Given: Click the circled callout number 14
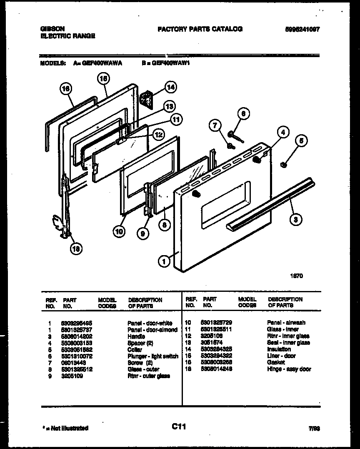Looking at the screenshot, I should [x=170, y=87].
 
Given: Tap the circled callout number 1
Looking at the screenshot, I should [x=164, y=261].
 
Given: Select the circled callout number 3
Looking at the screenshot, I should [x=295, y=220].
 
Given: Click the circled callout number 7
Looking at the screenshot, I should [x=215, y=125].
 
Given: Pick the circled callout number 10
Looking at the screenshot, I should [x=119, y=232].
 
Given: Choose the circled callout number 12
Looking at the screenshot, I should [x=158, y=134].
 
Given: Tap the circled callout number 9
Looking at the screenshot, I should [x=142, y=234].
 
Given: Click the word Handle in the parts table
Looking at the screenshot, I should [x=136, y=336].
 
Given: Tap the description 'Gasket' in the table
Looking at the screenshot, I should [x=276, y=363].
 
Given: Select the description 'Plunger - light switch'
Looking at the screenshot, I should [x=152, y=356].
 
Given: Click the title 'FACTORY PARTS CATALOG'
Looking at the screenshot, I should [x=200, y=29].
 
